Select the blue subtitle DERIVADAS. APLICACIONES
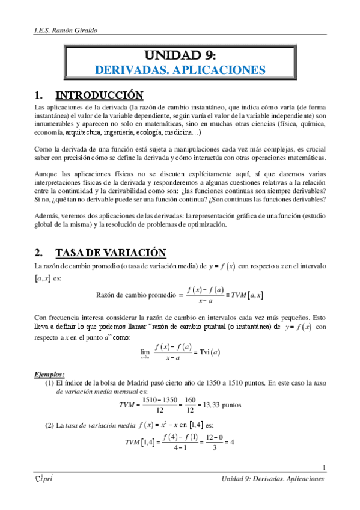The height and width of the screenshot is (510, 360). (180, 70)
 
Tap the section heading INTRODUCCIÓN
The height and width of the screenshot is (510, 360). (99, 95)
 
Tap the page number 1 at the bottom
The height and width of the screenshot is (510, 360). (324, 469)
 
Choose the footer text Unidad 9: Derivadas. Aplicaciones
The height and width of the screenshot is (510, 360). (273, 479)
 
